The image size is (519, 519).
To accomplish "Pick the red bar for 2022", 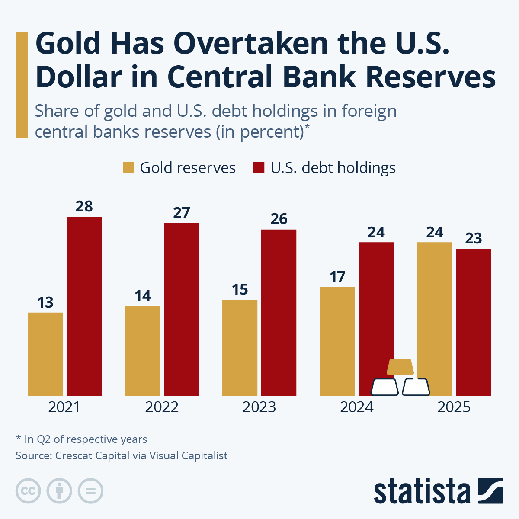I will click(181, 309).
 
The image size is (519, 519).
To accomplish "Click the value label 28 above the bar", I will click(84, 206).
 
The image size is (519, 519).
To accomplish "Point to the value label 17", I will click(337, 277).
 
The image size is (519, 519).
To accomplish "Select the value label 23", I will click(474, 238).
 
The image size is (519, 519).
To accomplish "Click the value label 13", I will click(45, 302).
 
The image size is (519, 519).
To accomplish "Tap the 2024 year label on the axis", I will click(356, 407).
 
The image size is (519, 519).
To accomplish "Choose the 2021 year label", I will click(64, 407).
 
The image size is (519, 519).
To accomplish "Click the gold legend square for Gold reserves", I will click(128, 168).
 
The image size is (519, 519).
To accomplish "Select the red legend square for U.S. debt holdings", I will click(259, 168).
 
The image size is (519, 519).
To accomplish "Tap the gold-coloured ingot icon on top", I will click(400, 367).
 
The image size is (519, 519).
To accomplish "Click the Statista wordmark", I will click(422, 492).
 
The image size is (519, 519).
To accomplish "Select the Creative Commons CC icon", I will click(28, 491).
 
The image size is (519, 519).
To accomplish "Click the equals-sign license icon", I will click(90, 491).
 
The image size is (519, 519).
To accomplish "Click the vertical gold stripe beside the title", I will click(21, 84).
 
